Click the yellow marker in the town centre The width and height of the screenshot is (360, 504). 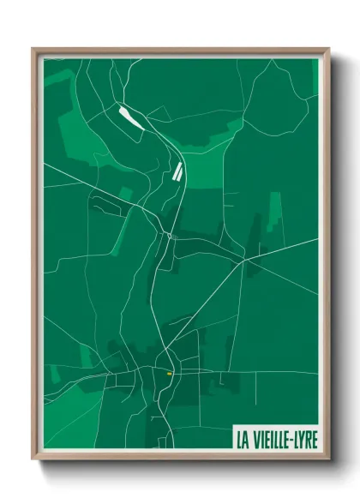pyautogui.click(x=170, y=374)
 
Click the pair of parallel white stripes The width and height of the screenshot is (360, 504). pyautogui.click(x=177, y=171)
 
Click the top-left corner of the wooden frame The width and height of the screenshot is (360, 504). pyautogui.click(x=33, y=49)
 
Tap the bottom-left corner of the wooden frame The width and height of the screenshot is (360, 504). pyautogui.click(x=33, y=459)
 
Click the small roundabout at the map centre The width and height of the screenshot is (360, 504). pyautogui.click(x=171, y=234)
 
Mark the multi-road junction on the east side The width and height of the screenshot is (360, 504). pyautogui.click(x=244, y=259)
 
